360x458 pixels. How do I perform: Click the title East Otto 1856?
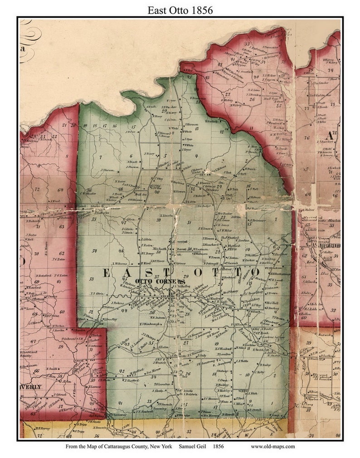pos(180,10)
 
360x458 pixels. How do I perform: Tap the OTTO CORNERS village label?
pos(161,281)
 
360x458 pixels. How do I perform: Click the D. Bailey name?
pos(265,364)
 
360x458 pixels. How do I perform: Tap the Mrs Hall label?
pos(272,303)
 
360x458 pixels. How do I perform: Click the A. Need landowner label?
pos(55,200)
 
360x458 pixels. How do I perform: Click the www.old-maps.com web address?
pos(272,446)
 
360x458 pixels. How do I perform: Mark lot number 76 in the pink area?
pos(306,138)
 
